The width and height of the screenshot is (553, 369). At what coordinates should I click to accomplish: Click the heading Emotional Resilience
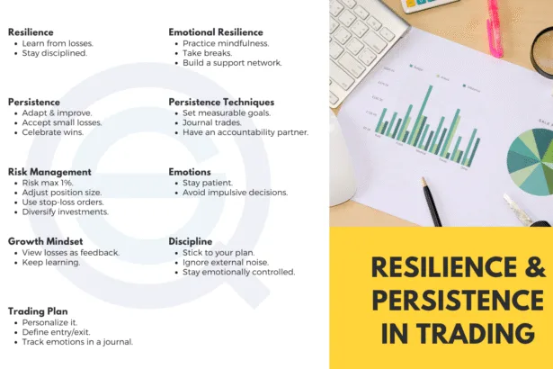[x=216, y=32]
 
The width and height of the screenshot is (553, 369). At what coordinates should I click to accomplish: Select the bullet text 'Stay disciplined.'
[x=55, y=53]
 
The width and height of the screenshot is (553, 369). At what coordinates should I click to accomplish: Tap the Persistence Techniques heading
[x=221, y=102]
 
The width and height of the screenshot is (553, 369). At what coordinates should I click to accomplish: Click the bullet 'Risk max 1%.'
[x=48, y=183]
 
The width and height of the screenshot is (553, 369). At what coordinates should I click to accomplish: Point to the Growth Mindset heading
[x=46, y=241]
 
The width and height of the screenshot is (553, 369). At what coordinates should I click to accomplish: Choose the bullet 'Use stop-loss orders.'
[x=63, y=202]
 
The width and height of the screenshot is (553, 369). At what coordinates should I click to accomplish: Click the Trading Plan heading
[x=38, y=311]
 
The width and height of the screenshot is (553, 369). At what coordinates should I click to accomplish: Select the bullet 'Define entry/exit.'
[x=56, y=332]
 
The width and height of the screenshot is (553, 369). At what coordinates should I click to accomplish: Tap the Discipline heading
[x=191, y=241]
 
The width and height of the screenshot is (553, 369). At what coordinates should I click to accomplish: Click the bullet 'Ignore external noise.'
[x=226, y=263]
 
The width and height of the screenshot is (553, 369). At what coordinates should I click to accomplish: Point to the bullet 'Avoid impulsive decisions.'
[x=236, y=193]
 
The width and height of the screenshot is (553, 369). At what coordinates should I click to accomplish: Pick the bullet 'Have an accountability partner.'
[x=245, y=132]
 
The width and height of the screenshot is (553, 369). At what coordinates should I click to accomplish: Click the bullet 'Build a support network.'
[x=232, y=63]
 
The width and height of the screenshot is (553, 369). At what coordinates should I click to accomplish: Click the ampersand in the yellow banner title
[x=535, y=267]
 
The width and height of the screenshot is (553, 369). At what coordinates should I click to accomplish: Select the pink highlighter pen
[x=495, y=28]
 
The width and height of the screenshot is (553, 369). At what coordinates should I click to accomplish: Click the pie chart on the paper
[x=531, y=162]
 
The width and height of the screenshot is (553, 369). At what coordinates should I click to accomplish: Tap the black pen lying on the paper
[x=432, y=202]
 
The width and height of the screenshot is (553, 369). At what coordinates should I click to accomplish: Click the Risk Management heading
[x=49, y=172]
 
